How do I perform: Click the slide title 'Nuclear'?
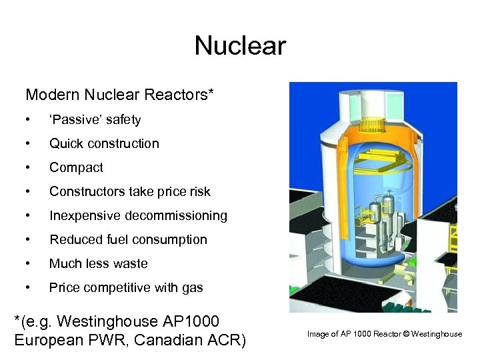(x=240, y=46)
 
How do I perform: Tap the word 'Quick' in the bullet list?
(x=65, y=144)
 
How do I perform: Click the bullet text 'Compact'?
(x=76, y=168)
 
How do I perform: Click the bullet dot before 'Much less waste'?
(x=27, y=264)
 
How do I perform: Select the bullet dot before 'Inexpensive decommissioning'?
(x=27, y=216)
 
